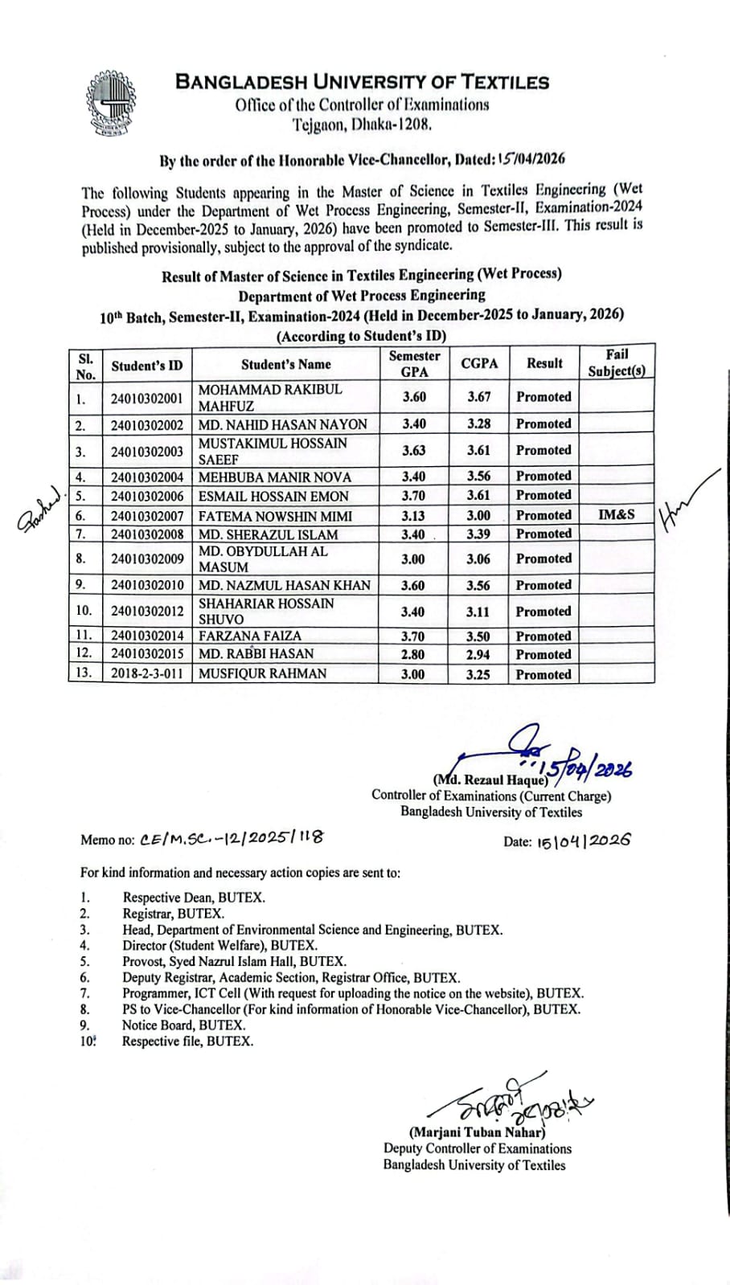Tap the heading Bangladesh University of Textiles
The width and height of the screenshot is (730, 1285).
click(x=362, y=82)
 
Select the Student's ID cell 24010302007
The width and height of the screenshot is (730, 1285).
click(x=147, y=516)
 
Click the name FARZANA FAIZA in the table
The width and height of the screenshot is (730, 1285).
click(x=239, y=636)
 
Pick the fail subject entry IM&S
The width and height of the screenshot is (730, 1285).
click(x=616, y=514)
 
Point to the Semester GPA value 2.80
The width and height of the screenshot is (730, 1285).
click(x=413, y=654)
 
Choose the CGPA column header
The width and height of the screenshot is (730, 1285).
click(x=479, y=363)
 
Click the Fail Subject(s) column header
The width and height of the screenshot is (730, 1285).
click(x=617, y=362)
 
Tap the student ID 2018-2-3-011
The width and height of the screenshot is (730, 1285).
click(x=147, y=673)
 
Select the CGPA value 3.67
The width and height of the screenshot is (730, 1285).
click(x=479, y=397)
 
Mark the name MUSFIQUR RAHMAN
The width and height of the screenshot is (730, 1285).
click(x=262, y=673)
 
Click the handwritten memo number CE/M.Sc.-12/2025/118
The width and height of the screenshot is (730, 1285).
click(x=232, y=838)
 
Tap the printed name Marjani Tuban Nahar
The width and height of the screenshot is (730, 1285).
click(x=477, y=1133)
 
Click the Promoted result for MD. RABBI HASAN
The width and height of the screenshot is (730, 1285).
click(x=543, y=654)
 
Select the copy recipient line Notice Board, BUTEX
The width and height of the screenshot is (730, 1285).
click(x=183, y=1025)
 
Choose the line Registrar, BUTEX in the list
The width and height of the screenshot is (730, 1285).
click(x=173, y=914)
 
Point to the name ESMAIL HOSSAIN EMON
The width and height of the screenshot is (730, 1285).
click(x=273, y=496)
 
